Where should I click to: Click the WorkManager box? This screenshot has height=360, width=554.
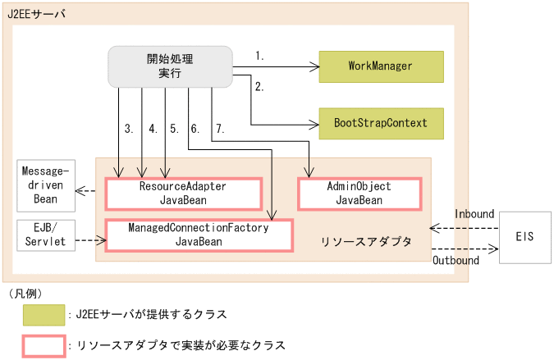pyautogui.click(x=380, y=66)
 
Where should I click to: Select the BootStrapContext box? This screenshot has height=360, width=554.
pyautogui.click(x=380, y=123)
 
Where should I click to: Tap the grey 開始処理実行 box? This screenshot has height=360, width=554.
pyautogui.click(x=170, y=66)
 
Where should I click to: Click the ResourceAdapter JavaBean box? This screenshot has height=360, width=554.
pyautogui.click(x=181, y=193)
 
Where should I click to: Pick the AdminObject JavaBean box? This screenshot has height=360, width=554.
pyautogui.click(x=359, y=193)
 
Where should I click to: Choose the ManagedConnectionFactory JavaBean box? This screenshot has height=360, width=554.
pyautogui.click(x=199, y=235)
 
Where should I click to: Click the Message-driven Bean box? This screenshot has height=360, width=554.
pyautogui.click(x=45, y=188)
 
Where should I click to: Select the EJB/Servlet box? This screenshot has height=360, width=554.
pyautogui.click(x=45, y=235)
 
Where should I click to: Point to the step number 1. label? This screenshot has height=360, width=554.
pyautogui.click(x=260, y=56)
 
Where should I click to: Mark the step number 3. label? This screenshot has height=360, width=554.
pyautogui.click(x=129, y=129)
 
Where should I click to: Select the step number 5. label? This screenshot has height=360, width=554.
pyautogui.click(x=174, y=129)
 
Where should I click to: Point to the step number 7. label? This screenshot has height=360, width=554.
pyautogui.click(x=219, y=129)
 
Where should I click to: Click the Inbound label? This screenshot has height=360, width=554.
pyautogui.click(x=474, y=213)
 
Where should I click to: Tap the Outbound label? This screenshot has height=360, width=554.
pyautogui.click(x=456, y=261)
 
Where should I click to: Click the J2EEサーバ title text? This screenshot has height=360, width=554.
pyautogui.click(x=37, y=15)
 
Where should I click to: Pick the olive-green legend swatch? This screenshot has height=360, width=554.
pyautogui.click(x=44, y=314)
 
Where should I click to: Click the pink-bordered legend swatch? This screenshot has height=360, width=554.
pyautogui.click(x=44, y=345)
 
